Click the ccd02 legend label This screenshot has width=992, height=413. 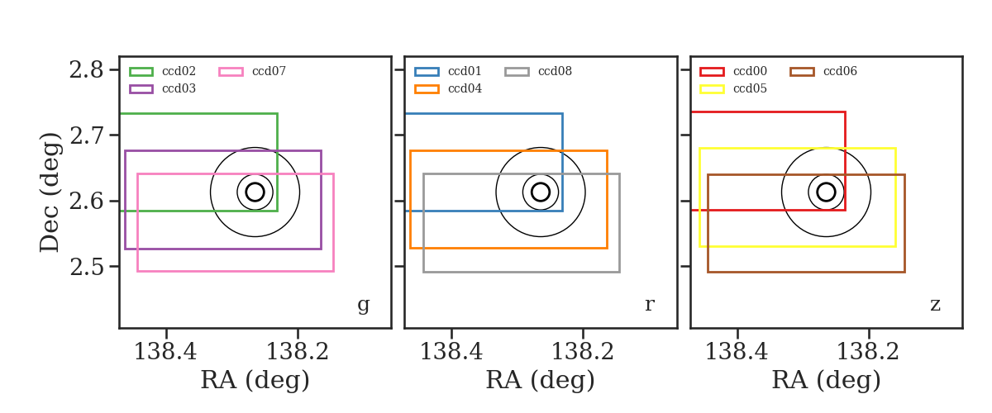(179, 71)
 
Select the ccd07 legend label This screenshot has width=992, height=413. (269, 71)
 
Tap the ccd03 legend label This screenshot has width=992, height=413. (179, 88)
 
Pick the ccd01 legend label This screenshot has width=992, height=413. (465, 71)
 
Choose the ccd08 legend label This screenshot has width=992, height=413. (555, 71)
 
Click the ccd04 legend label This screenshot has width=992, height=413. (465, 88)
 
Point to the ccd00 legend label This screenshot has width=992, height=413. (751, 71)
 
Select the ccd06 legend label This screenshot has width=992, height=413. (840, 71)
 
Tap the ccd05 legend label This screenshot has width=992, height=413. (751, 88)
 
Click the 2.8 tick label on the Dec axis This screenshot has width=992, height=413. (86, 70)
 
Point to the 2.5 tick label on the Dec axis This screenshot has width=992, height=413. (86, 267)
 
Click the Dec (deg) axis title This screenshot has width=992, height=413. (49, 192)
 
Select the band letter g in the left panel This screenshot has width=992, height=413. (363, 305)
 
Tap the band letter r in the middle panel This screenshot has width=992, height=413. (649, 305)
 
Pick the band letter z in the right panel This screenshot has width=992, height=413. (935, 305)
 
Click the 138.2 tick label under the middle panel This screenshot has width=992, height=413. (583, 352)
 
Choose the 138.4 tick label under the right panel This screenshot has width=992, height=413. (737, 352)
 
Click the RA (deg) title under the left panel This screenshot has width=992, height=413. (255, 380)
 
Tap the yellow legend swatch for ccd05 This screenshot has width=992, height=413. (712, 89)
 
